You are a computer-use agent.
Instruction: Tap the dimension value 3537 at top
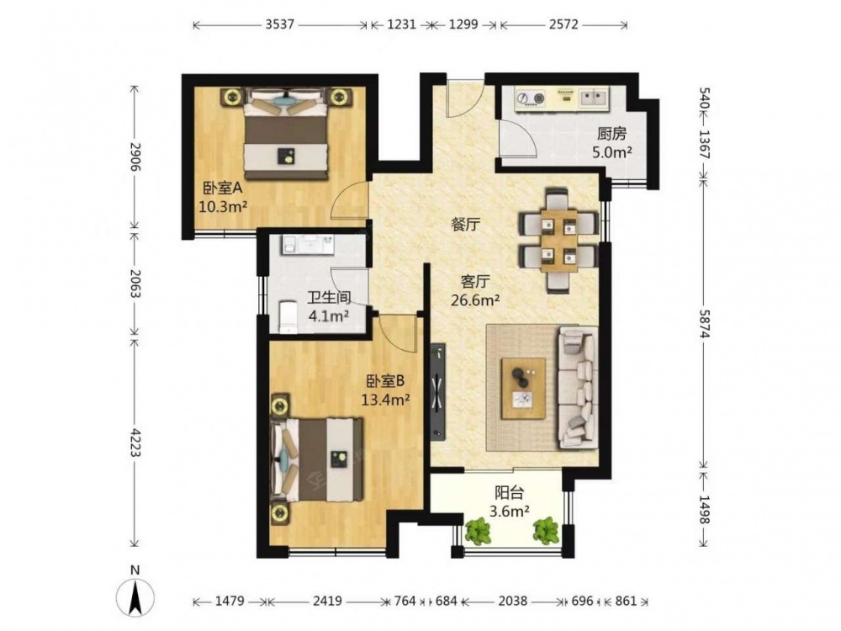tap(279, 24)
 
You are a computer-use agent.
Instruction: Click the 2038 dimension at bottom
tap(513, 601)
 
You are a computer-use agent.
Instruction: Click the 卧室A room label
tap(223, 188)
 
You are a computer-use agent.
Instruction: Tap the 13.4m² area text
tap(386, 399)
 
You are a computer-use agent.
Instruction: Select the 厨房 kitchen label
tap(611, 134)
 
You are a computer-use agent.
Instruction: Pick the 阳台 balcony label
tap(509, 492)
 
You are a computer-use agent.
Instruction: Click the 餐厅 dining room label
tap(465, 225)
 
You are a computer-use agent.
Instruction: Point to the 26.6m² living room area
tap(475, 300)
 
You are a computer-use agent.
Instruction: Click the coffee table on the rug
tap(523, 389)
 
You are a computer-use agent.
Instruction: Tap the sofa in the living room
tap(579, 387)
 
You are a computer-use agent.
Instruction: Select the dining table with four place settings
tap(559, 240)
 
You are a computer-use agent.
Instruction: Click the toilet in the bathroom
tap(288, 317)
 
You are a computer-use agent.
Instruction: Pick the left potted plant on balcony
tap(478, 531)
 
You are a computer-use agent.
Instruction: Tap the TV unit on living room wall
tap(438, 392)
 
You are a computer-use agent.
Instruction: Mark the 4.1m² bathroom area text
tap(329, 316)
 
